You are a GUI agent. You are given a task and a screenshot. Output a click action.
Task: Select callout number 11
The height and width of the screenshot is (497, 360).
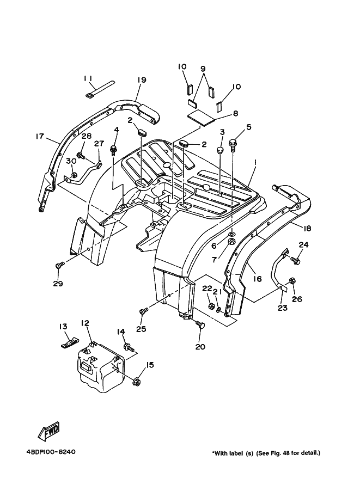pyautogui.click(x=88, y=78)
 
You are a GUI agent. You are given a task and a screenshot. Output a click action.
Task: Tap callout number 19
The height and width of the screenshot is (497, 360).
pyautogui.click(x=141, y=80)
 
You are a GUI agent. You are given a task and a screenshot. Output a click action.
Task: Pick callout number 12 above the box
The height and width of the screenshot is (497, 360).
pyautogui.click(x=85, y=323)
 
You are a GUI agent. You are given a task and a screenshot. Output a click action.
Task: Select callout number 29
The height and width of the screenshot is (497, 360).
pyautogui.click(x=58, y=284)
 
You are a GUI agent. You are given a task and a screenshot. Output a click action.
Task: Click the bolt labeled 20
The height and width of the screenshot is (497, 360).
pyautogui.click(x=200, y=326)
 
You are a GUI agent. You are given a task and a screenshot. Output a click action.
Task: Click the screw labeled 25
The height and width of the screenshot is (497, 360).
pyautogui.click(x=143, y=311)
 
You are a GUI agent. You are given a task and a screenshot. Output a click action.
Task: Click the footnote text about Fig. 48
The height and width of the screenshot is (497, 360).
pyautogui.click(x=266, y=452)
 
